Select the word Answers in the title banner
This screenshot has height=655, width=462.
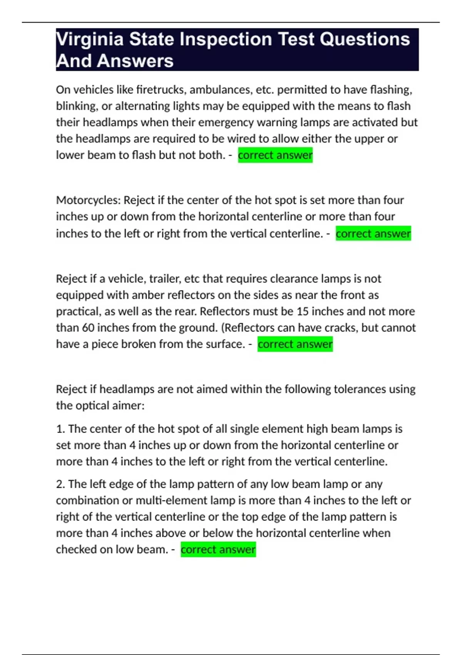pos(135,61)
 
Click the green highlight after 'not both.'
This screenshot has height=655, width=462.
pos(275,155)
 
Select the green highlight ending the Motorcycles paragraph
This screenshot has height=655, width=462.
pos(373,233)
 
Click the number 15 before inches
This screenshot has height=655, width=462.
pos(303,311)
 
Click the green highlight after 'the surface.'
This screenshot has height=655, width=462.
pos(295,344)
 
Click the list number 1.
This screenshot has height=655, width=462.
pos(60,429)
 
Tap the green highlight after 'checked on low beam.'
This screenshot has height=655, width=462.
pos(218,549)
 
